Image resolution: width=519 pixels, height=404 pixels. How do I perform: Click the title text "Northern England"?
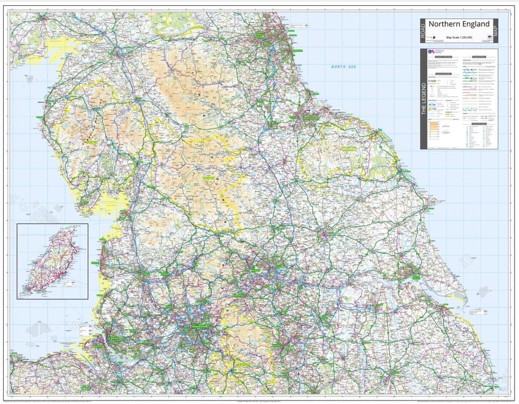(x=458, y=24)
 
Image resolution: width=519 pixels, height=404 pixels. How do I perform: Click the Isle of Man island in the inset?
(x=50, y=263)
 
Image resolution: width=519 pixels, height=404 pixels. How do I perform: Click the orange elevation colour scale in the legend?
(x=433, y=130)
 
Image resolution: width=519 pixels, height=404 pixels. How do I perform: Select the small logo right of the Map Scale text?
(x=488, y=37)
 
